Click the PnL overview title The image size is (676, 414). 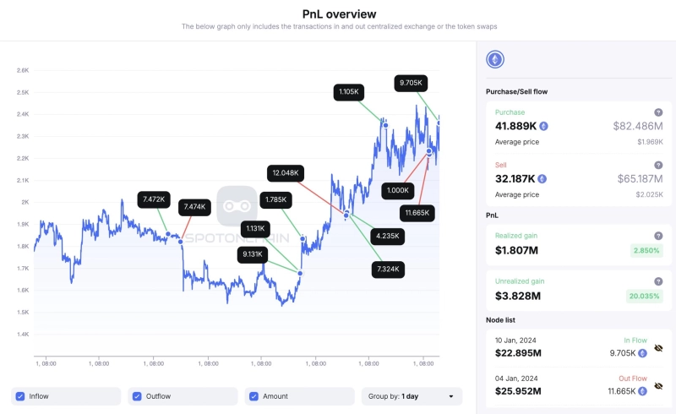(x=339, y=14)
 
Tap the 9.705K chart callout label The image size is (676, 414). (x=412, y=83)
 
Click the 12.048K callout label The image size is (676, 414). (x=284, y=173)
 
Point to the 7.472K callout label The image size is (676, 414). (x=154, y=199)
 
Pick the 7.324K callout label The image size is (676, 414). (x=389, y=269)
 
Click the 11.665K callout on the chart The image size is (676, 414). (x=417, y=212)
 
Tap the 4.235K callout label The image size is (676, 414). (x=390, y=237)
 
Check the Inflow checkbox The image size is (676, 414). (x=21, y=395)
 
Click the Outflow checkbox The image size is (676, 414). (x=138, y=395)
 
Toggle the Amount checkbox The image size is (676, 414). (x=254, y=395)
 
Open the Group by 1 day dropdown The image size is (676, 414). (x=412, y=395)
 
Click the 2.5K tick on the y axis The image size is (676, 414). (x=23, y=92)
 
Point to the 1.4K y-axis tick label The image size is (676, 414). (x=23, y=335)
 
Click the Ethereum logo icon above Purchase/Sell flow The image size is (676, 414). (x=495, y=59)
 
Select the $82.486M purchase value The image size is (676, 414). (x=638, y=126)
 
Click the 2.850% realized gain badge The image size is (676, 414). (x=646, y=251)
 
